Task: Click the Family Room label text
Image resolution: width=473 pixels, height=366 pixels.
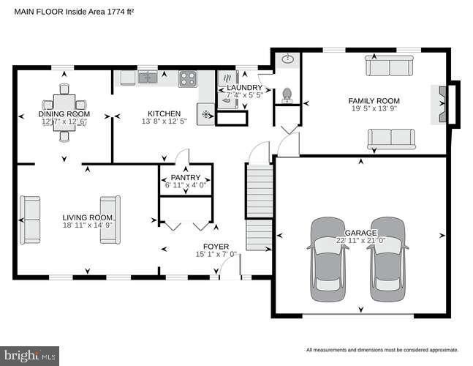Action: (374, 101)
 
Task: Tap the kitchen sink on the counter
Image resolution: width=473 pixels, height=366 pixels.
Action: (148, 76)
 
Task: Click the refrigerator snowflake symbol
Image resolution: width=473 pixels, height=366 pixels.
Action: (205, 115)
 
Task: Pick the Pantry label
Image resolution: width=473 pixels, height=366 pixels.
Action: (186, 178)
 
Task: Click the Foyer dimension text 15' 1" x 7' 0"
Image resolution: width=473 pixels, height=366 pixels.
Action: (216, 255)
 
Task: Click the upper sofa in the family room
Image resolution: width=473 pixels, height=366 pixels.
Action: (389, 67)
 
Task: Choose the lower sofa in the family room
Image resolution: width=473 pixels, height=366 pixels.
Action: (391, 138)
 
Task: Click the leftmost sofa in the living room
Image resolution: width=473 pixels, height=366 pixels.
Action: (31, 219)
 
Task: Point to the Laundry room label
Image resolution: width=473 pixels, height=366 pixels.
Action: (244, 88)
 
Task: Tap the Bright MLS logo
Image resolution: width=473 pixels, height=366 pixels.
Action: (29, 356)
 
